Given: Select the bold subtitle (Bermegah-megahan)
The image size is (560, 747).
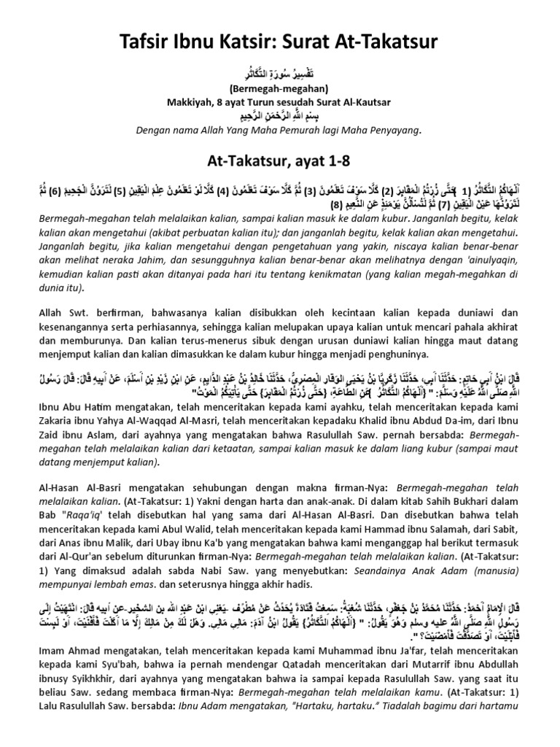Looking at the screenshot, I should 280,89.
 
